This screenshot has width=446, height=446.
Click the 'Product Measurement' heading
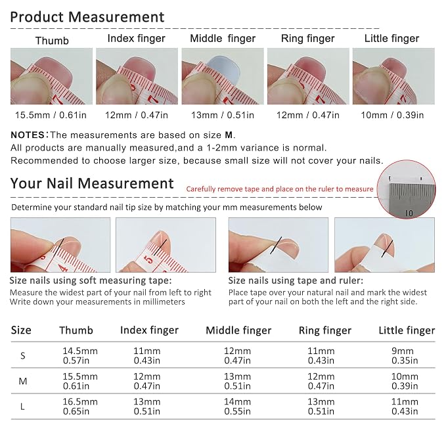click(87, 17)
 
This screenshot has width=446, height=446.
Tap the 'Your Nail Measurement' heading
click(92, 183)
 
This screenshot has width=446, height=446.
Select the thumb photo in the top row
click(51, 76)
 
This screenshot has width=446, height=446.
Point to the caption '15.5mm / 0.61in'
click(51, 115)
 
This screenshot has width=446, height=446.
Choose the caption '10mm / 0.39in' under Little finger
click(392, 115)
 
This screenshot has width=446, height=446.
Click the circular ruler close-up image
click(407, 189)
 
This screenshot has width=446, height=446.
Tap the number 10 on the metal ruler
click(409, 213)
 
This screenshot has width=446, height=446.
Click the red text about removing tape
click(280, 189)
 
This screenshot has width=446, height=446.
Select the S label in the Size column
click(23, 355)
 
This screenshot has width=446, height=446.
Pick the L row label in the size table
click(22, 407)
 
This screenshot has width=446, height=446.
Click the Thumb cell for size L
click(80, 407)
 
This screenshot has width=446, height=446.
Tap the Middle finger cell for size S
click(237, 355)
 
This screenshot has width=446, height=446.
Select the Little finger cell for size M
click(405, 381)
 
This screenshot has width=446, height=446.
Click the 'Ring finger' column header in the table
click(325, 330)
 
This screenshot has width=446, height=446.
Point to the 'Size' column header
click(21, 330)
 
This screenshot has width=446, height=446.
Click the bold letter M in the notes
click(229, 135)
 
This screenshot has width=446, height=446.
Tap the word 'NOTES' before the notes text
click(28, 135)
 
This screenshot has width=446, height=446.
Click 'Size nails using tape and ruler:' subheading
click(296, 280)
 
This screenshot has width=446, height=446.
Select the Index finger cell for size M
click(146, 381)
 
